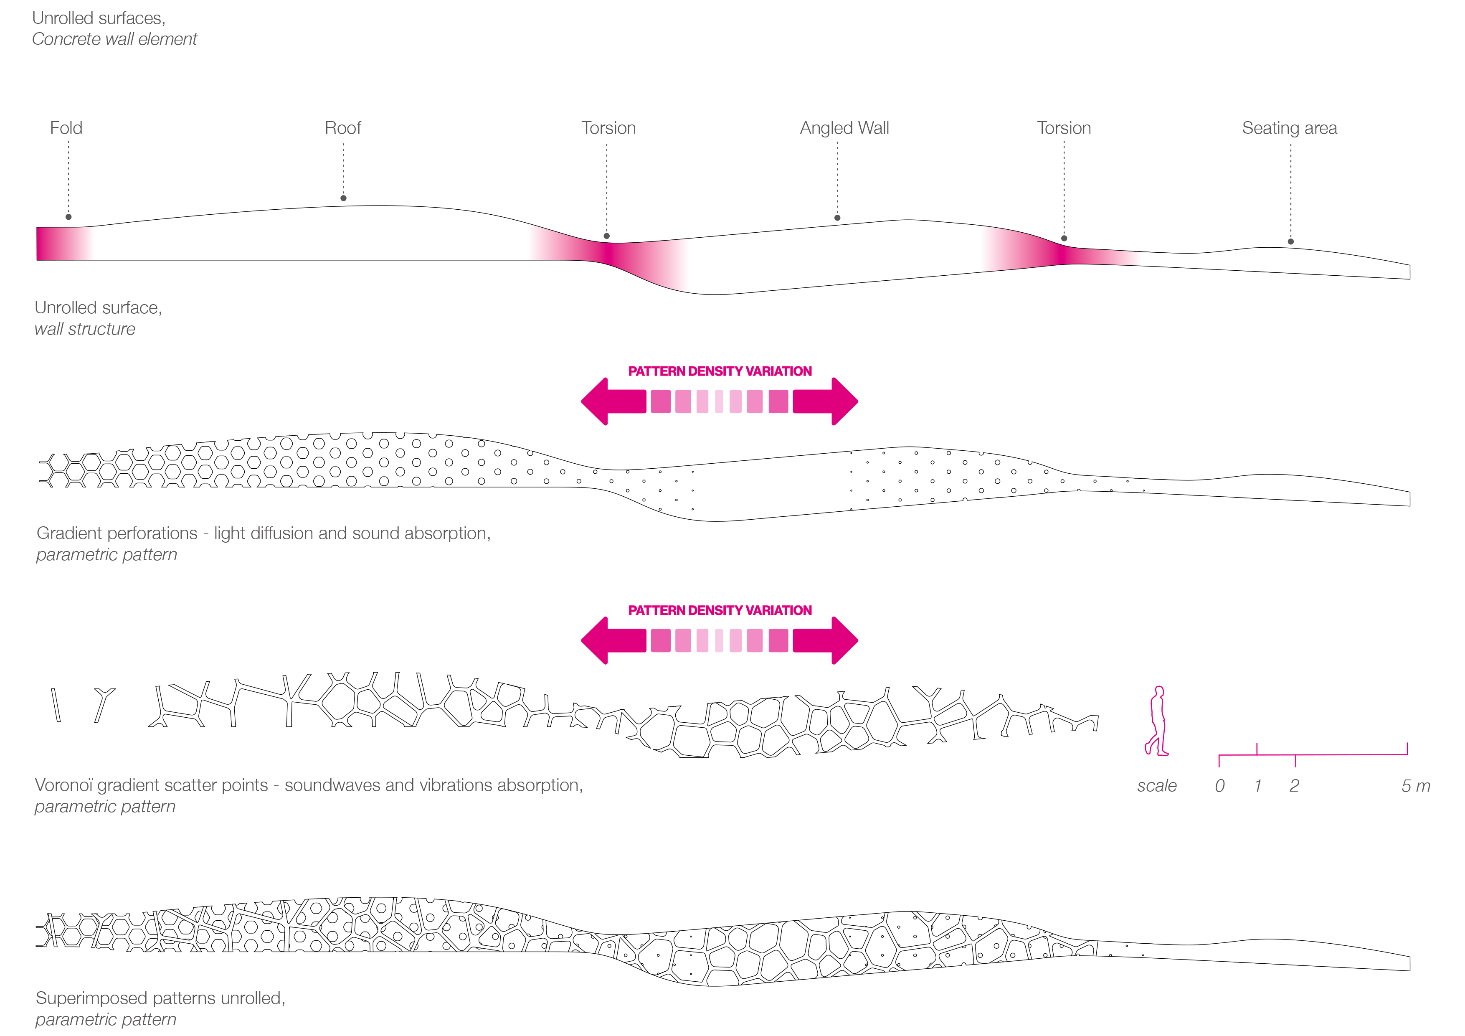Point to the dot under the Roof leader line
pos(343,198)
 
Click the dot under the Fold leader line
pos(68,217)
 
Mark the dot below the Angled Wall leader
pos(837,218)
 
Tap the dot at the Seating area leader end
pos(1290,241)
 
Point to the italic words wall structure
pos(85,329)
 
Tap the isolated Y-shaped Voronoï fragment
pos(104,703)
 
